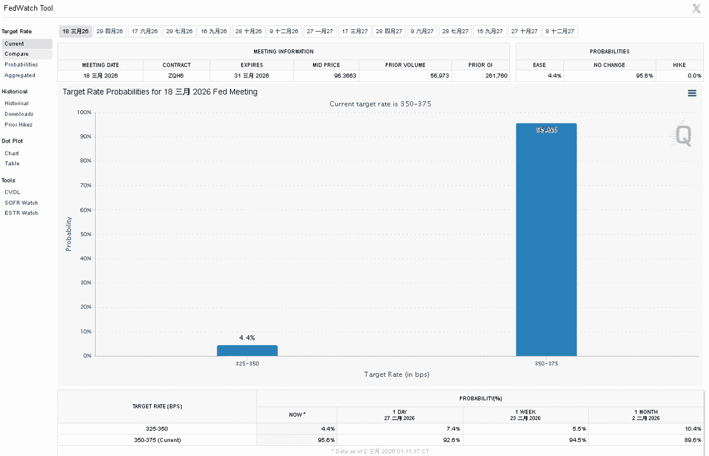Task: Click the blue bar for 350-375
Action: [x=546, y=239]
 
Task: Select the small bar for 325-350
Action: [x=247, y=351]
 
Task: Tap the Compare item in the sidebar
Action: [x=16, y=54]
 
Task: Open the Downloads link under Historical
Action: [x=19, y=114]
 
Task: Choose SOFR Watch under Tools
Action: [x=22, y=203]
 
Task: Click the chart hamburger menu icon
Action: [x=692, y=93]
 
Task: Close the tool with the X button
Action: [x=696, y=8]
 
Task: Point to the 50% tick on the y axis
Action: [x=86, y=234]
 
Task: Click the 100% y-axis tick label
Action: [x=84, y=112]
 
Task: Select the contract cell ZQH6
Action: [x=176, y=76]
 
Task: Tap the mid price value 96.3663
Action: [x=345, y=76]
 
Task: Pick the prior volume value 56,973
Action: [x=440, y=76]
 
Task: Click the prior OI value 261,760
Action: [x=497, y=76]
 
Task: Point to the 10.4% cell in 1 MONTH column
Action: [x=693, y=429]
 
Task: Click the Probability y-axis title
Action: [x=68, y=234]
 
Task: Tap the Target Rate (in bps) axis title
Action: [x=397, y=374]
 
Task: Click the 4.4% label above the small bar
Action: [x=247, y=338]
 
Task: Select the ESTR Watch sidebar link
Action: [x=22, y=213]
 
